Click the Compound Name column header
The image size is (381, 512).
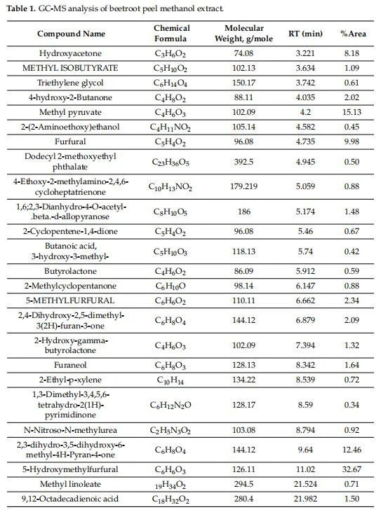coord(71,34)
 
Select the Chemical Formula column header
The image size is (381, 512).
coord(171,34)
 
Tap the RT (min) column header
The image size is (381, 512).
coord(305,34)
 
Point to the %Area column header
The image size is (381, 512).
coord(353,34)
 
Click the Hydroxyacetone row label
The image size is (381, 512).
coord(70,53)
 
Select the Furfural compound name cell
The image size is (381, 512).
coord(70,141)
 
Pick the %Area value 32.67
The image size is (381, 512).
coord(352,469)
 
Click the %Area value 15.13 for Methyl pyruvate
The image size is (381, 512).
coord(352,112)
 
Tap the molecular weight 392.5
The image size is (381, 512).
coord(243,162)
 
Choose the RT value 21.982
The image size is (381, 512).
coord(305,499)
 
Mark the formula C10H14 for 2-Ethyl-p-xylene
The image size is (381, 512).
coord(170,380)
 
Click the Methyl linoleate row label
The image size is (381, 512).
coord(70,484)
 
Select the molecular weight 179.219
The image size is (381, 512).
coord(243,186)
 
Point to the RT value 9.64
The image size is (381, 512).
coord(305,450)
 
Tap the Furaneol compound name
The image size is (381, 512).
coord(70,365)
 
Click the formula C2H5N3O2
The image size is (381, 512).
coord(170,430)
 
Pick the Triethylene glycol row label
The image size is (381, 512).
coord(70,83)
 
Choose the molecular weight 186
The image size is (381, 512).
coord(243,212)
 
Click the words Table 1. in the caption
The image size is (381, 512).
coord(21,8)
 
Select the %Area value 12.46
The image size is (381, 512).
coord(352,450)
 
